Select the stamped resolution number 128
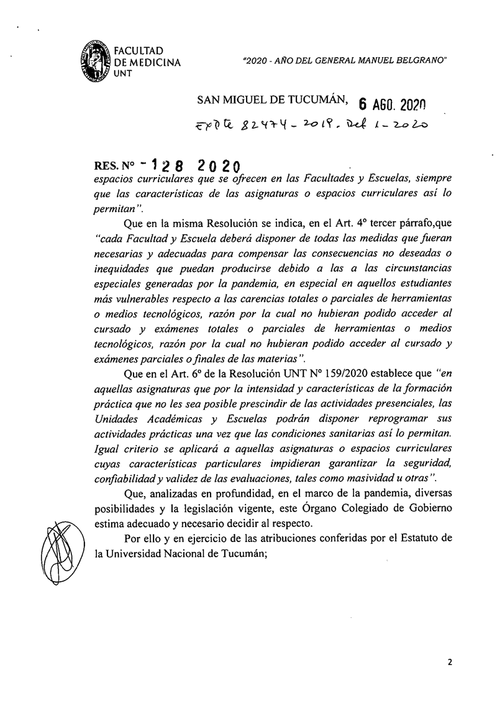163,168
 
